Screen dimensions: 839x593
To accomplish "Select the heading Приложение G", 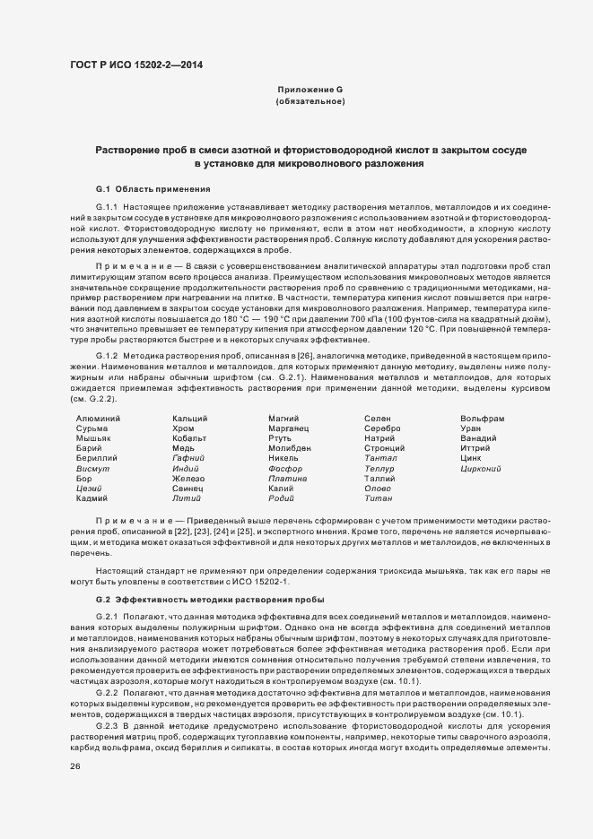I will [310, 90].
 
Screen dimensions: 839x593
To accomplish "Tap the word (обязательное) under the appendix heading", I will [310, 102].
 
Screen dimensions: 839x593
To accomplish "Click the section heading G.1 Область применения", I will [153, 189].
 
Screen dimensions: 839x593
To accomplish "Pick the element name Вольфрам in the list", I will [482, 419].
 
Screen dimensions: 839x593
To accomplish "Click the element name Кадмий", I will [92, 497].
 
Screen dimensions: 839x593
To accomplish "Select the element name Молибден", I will [290, 448].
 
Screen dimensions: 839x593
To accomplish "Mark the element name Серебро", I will [383, 428].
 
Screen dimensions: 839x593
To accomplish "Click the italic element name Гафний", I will [187, 458].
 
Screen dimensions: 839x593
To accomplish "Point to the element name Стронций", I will [385, 448].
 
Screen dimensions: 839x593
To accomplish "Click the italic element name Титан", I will [378, 497].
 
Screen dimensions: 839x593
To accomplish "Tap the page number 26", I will [74, 766].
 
